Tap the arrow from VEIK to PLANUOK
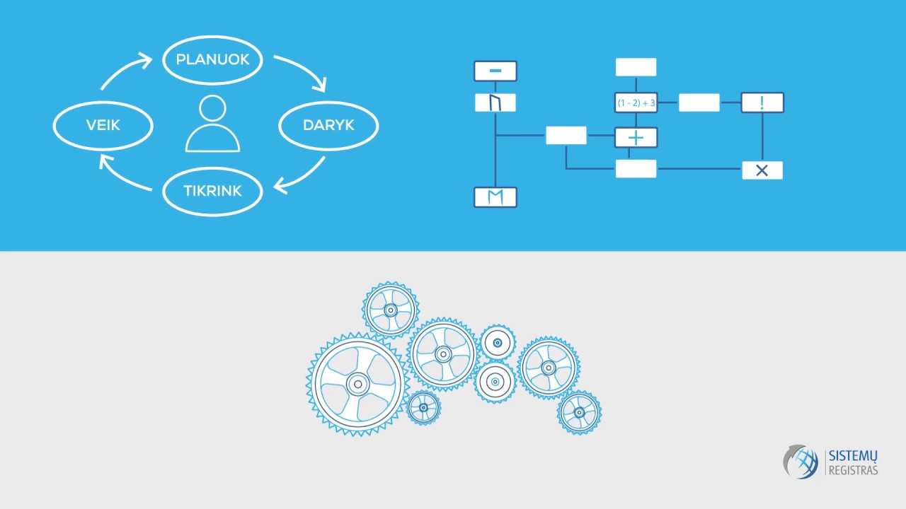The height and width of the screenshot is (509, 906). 121,69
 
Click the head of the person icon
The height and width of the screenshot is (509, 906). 212,108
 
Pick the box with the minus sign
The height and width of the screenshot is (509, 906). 495,71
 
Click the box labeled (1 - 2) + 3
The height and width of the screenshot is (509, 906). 636,103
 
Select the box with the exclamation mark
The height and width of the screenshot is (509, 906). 762,103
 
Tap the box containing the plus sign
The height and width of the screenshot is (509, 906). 636,138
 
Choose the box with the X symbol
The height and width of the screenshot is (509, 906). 762,170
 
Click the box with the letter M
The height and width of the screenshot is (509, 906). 495,197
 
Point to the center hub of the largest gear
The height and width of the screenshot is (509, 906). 358,384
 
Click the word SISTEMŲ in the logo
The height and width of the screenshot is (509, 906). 853,457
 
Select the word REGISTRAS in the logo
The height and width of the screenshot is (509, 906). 853,470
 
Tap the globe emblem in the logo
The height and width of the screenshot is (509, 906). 801,462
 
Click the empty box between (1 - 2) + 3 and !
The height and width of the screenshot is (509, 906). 699,103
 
